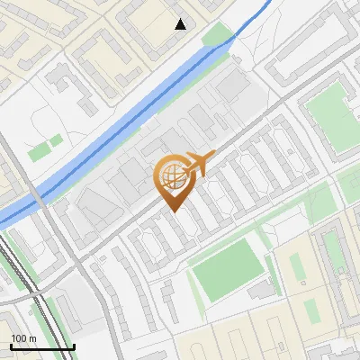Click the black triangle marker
pos(181,24)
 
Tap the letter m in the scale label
pos(33,337)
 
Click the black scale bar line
pos(40,346)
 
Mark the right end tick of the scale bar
pos(73,345)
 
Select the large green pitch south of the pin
pos(227,267)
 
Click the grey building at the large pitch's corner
pos(261,289)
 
